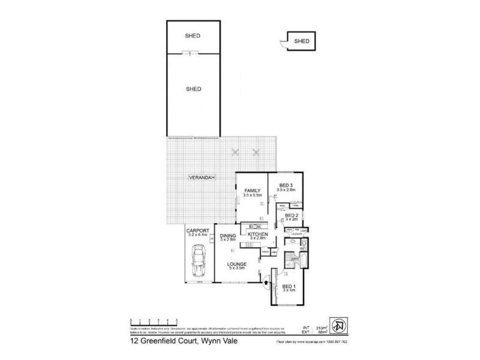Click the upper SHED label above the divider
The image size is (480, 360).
(193, 36)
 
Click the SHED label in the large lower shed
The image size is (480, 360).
(193, 88)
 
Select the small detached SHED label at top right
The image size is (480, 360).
(303, 41)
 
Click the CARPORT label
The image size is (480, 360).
(197, 230)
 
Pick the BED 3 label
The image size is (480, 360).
(285, 185)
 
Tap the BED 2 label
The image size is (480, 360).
(292, 215)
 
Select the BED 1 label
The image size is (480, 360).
(289, 287)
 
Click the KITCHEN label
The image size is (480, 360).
(257, 235)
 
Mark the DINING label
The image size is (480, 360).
(228, 235)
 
